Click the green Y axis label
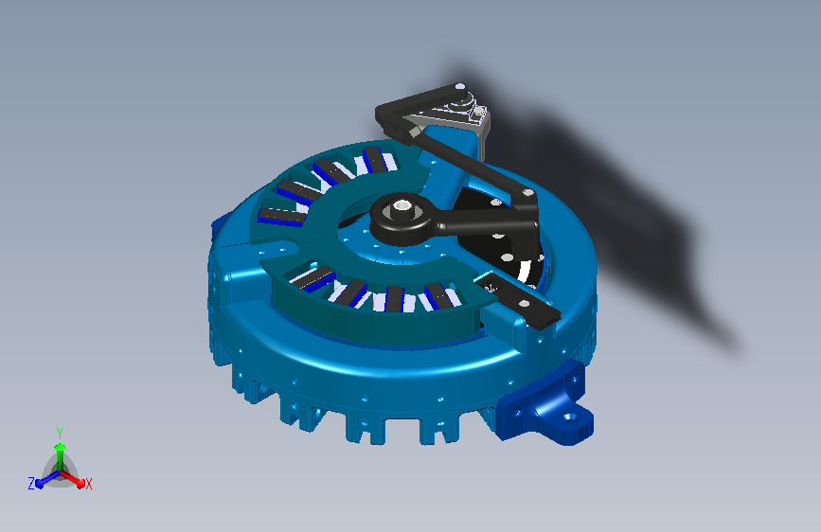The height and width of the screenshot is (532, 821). tap(60, 434)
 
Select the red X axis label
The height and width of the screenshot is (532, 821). tap(88, 485)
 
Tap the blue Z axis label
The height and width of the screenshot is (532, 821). tap(31, 484)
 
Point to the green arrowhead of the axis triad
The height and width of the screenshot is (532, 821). tap(61, 447)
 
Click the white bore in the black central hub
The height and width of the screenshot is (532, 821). tap(402, 205)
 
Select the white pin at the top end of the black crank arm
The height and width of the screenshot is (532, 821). tap(460, 86)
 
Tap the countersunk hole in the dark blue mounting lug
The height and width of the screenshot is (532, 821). tap(571, 417)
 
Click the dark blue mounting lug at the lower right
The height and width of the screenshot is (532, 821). tap(545, 406)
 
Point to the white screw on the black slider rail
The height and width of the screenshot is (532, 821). tap(523, 303)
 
